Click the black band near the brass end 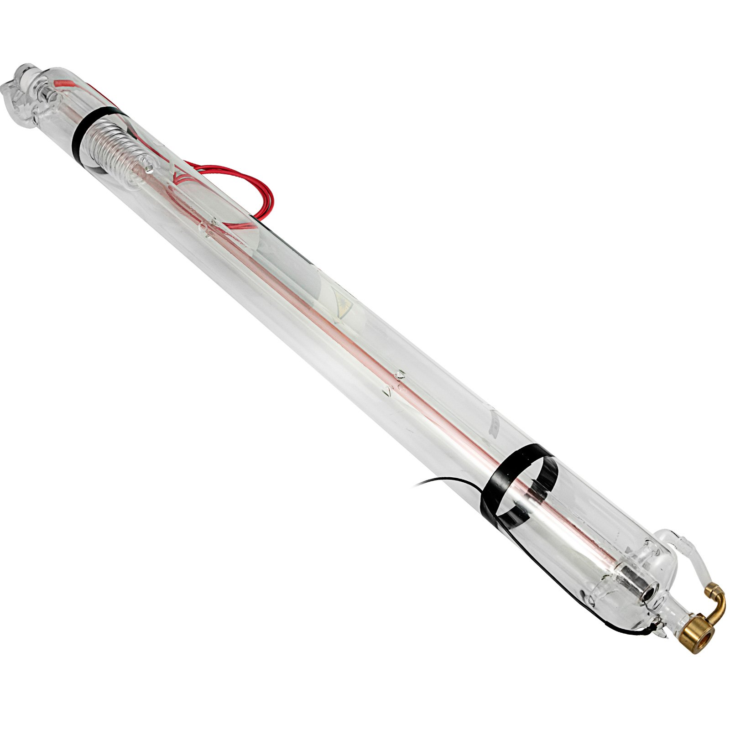click(525, 484)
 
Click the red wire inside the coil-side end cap click(64, 84)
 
